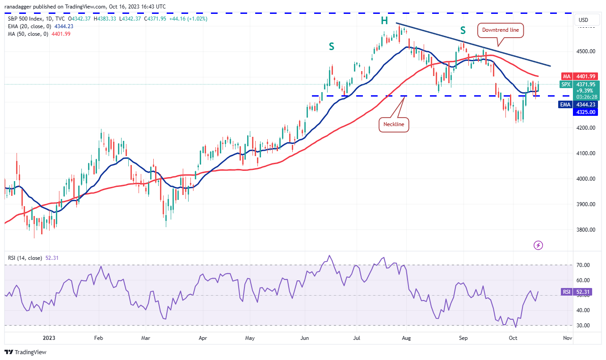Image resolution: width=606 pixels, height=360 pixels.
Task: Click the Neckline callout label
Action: point(394,124)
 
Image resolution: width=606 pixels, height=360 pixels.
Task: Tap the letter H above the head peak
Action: point(384,21)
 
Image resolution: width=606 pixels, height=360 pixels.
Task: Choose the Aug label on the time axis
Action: point(406,339)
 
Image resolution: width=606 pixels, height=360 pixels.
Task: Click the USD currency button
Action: point(583,20)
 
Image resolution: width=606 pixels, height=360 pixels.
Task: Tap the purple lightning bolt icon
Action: point(539,245)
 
